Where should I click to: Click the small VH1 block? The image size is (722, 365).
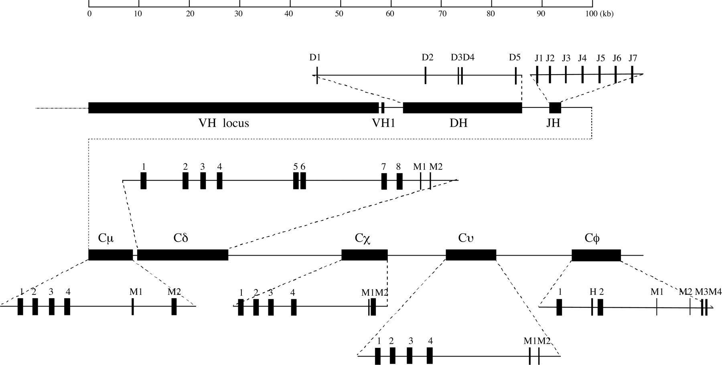(383, 107)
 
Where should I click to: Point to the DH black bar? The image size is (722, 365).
(462, 107)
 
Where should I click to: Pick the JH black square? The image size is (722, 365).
(555, 107)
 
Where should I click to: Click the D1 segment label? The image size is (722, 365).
(315, 57)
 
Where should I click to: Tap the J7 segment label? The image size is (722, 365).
(633, 58)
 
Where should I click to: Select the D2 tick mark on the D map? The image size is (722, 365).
(425, 75)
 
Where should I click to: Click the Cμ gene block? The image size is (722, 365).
(110, 255)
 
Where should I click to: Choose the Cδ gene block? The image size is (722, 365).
(183, 255)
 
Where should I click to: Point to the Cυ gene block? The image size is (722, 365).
(471, 255)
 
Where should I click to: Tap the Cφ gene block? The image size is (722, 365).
(596, 255)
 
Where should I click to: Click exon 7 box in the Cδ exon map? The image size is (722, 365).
(384, 181)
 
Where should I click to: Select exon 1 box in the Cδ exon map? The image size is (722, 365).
(143, 181)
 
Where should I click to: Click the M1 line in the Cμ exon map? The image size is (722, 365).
(132, 307)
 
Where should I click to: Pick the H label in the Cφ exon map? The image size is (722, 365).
(593, 292)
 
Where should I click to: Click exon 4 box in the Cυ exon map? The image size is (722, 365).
(430, 355)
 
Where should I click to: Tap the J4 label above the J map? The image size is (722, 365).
(582, 58)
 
